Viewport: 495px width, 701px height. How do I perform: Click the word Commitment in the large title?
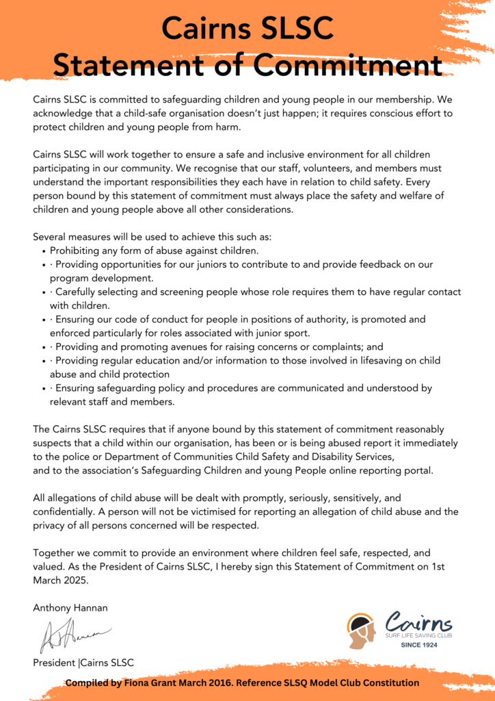tap(348, 66)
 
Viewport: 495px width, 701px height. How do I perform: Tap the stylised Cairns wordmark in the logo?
tap(418, 622)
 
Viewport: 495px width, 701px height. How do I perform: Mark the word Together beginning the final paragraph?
tap(57, 552)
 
